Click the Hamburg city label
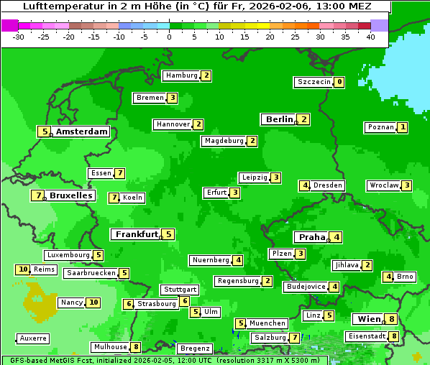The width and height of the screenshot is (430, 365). coord(180,75)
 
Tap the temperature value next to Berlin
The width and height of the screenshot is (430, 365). coord(304,119)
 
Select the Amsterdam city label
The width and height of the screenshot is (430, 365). coord(81,131)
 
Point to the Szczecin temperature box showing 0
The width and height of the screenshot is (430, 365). coord(339,82)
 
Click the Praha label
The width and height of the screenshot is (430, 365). coord(312,237)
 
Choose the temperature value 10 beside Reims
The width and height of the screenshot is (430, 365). coord(23,269)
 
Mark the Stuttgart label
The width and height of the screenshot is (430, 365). coord(180,290)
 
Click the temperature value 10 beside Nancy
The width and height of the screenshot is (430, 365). coord(93,302)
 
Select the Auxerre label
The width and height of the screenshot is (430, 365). coord(33,338)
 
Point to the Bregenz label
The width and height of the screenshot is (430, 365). coord(194,348)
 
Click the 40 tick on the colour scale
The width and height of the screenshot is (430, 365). coord(370,37)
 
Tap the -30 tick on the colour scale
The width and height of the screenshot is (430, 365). coord(19,37)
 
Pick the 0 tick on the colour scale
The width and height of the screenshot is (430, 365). coord(169,37)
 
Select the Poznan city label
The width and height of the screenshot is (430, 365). coord(380,127)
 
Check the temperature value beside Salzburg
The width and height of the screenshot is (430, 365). coord(295,338)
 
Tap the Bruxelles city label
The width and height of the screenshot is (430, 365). coord(70,195)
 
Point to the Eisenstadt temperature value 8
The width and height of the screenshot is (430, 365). coord(394,336)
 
